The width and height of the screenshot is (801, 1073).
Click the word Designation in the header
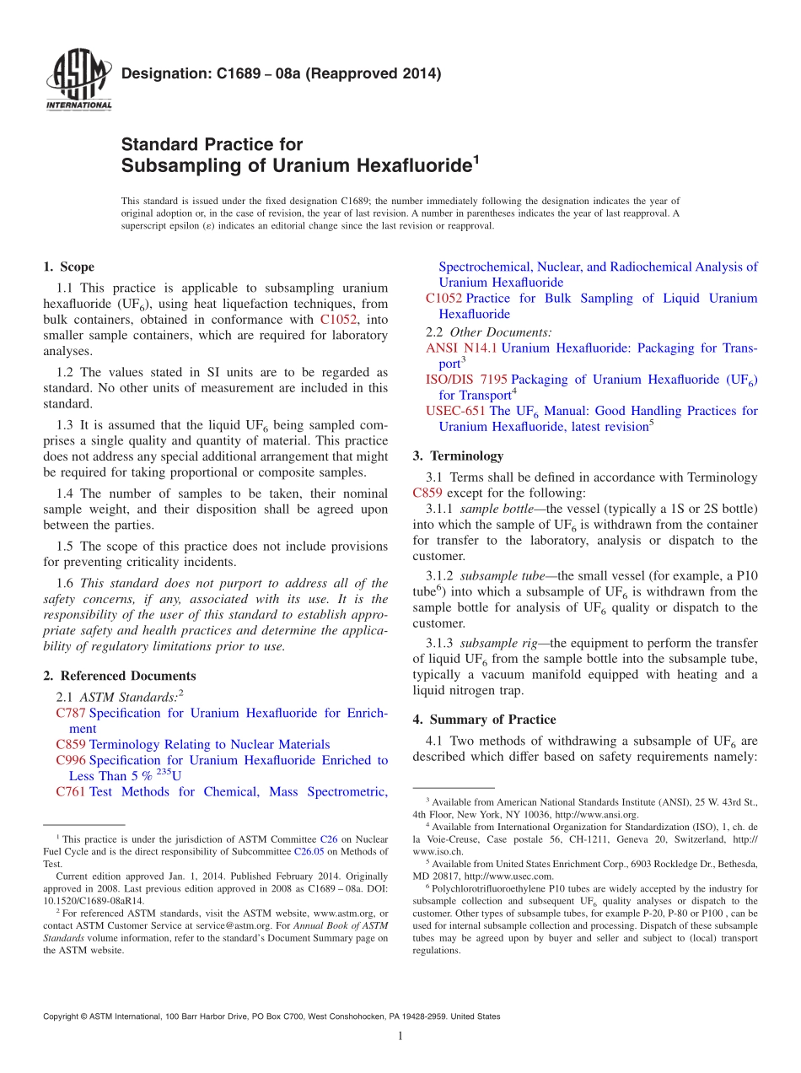[163, 74]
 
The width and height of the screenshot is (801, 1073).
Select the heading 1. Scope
[68, 267]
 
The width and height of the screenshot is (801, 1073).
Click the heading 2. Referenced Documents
[119, 676]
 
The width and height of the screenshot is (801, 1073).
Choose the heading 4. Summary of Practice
[484, 720]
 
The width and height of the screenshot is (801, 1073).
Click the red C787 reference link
[71, 713]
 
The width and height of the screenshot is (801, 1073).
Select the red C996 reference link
[71, 760]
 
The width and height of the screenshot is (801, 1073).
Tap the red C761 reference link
[71, 791]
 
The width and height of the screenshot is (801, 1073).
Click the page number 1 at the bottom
[400, 1036]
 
